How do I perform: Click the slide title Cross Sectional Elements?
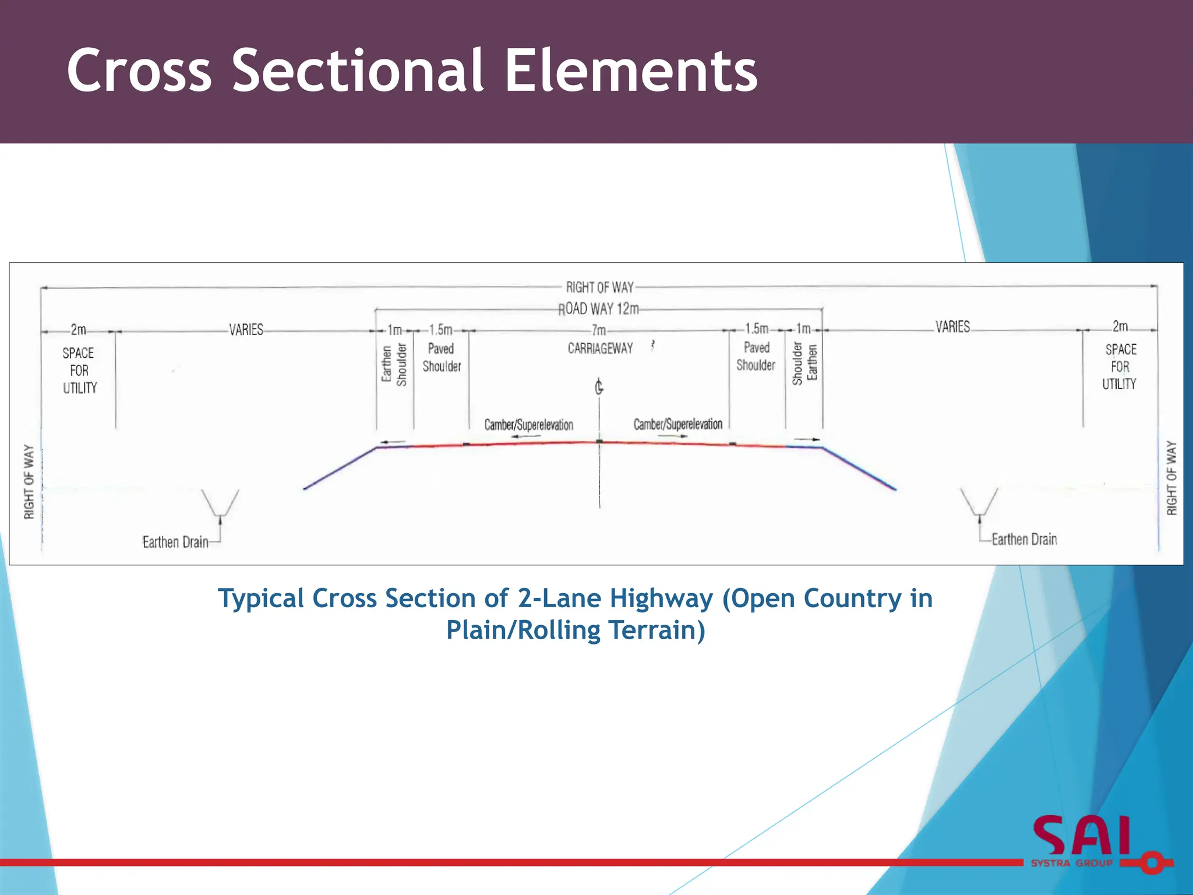412,71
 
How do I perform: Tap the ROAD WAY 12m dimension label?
599,308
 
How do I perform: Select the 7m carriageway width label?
599,330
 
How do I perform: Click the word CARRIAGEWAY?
600,348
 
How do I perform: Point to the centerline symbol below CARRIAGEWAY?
599,386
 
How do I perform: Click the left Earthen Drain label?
175,542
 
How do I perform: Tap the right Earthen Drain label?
1024,539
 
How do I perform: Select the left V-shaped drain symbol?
220,503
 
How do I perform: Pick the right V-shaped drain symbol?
979,502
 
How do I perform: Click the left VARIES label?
246,330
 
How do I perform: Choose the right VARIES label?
953,326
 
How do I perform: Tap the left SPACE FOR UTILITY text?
79,371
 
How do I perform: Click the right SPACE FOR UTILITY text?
1120,367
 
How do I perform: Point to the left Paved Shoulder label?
442,357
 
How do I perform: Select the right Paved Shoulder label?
756,356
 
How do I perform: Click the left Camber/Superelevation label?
528,425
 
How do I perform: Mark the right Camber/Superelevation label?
677,424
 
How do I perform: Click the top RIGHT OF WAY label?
599,287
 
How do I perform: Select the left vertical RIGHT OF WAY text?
29,481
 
